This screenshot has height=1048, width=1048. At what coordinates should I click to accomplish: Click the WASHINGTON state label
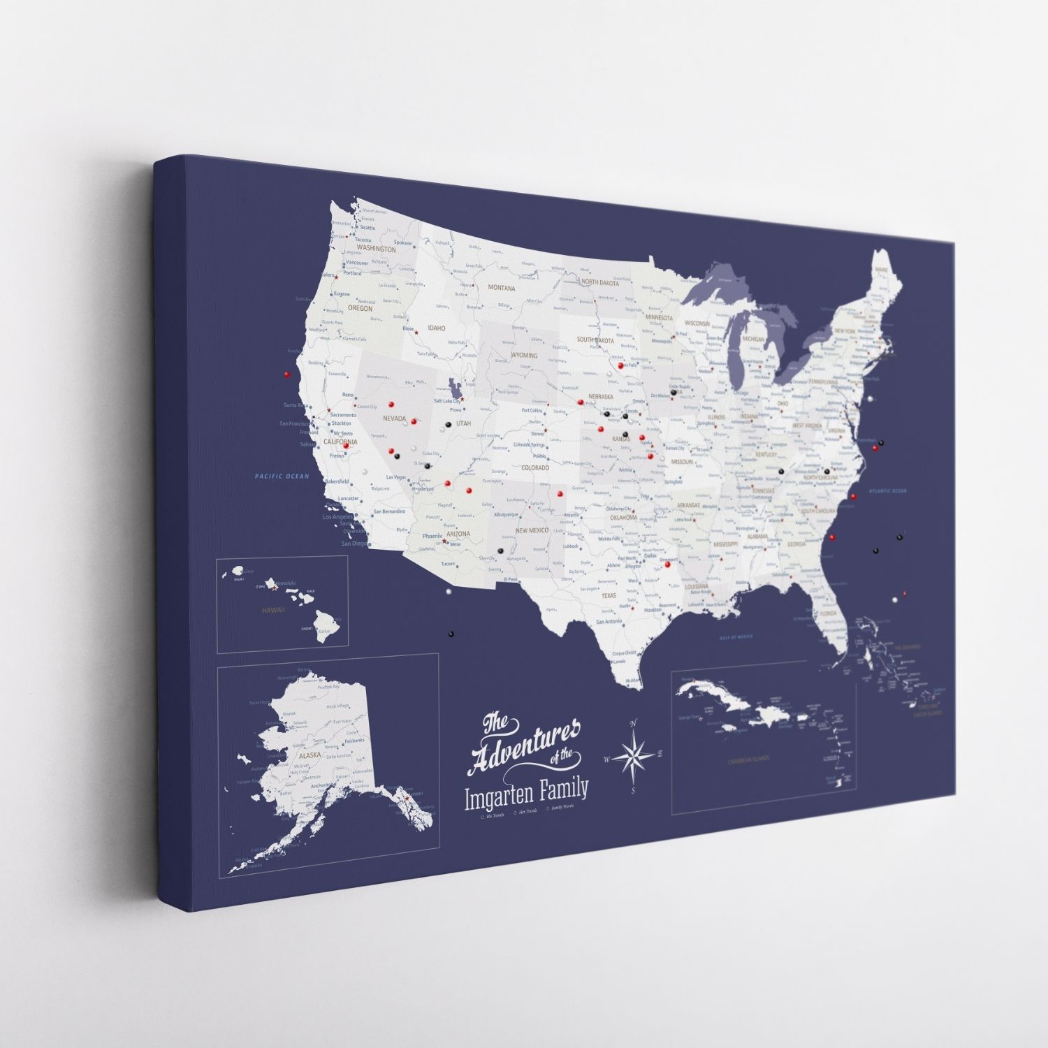376,248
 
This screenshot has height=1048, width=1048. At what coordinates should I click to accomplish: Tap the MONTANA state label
501,288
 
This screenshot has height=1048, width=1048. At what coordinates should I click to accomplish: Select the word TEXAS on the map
609,595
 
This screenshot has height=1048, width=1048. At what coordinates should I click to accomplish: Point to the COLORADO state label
535,467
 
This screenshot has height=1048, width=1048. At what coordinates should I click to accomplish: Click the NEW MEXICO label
532,530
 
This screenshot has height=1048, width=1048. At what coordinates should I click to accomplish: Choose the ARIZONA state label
458,534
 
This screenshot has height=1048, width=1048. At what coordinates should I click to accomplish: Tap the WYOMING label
525,355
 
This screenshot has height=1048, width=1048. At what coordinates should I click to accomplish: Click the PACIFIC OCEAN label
282,476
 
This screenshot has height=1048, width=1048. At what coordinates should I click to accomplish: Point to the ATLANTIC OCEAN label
887,491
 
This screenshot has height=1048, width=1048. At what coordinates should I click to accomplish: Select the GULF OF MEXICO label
736,637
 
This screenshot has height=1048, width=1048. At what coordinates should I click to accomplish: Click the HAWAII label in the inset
273,610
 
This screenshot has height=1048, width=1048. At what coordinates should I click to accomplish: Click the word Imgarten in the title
500,796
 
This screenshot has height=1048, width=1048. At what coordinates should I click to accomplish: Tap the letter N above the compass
634,723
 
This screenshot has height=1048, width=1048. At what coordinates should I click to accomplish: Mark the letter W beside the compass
607,759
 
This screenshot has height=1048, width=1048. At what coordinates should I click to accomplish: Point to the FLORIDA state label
828,613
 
